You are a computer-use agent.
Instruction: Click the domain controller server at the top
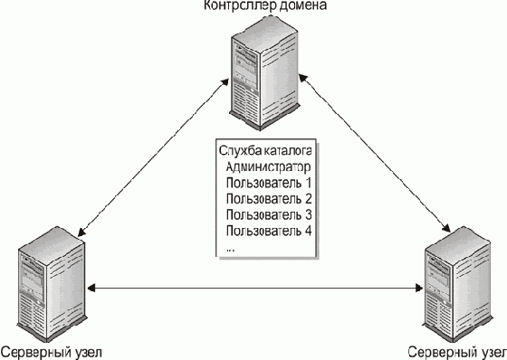tap(263, 73)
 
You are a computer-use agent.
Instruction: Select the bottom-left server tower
tap(52, 284)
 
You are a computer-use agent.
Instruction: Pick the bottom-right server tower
tap(457, 284)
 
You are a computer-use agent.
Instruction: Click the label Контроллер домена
tap(265, 5)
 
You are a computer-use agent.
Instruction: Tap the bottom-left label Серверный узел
tap(52, 353)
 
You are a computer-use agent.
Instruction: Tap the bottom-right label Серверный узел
tap(456, 353)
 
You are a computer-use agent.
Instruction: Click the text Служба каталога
tap(265, 150)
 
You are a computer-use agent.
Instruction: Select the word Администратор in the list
tap(268, 167)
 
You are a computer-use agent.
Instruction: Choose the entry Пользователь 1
tap(269, 183)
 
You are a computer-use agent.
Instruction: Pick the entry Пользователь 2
tap(269, 199)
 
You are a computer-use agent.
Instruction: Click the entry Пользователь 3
tap(269, 214)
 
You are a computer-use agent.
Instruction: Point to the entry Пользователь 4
tap(269, 231)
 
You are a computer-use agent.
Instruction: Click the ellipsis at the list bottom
tap(231, 250)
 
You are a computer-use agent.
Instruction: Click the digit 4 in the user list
tap(308, 231)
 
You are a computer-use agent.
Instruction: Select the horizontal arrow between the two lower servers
tap(255, 288)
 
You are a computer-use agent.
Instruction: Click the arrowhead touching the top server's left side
tap(225, 82)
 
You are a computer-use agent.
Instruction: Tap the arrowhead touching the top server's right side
tap(303, 79)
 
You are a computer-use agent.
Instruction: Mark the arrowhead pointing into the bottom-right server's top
tap(446, 228)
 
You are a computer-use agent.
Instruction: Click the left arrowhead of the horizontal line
tap(91, 288)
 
